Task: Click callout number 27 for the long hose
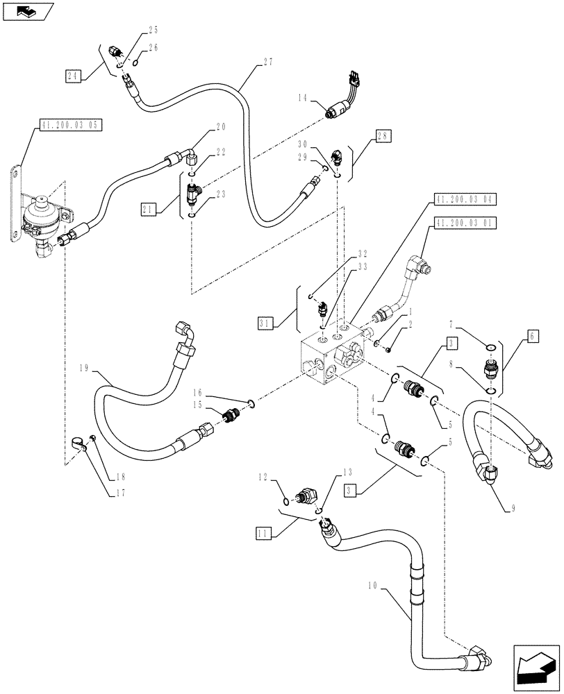pos(268,62)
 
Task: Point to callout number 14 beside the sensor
pos(300,99)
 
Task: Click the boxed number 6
pos(532,335)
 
